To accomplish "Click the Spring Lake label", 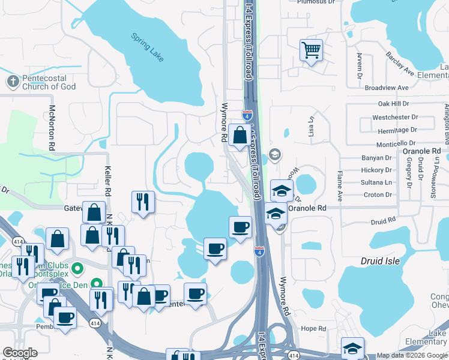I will tap(148, 47).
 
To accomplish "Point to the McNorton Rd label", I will tap(52, 128).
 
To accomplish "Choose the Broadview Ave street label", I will tap(386, 88).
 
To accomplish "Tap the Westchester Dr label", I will tap(394, 117).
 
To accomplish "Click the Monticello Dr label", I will tap(395, 143).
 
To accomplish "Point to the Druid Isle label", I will tap(381, 262).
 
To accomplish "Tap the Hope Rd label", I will tap(313, 329).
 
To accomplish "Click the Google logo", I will tap(20, 353).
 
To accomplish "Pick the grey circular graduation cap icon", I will tap(276, 155).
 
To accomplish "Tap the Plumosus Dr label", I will tap(316, 2).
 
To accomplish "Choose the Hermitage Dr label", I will tap(394, 130).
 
